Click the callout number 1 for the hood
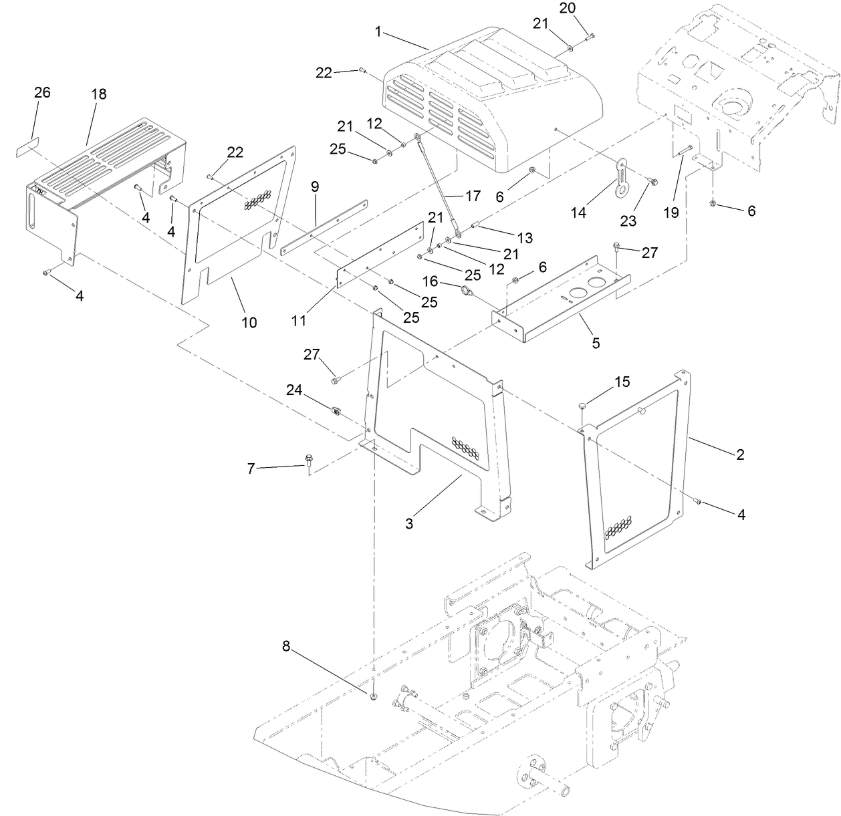[x=378, y=32]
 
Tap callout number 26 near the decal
[x=42, y=92]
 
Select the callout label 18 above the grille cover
[x=98, y=94]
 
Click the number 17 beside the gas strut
[x=473, y=196]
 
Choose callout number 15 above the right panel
[x=622, y=382]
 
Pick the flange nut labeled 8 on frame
[x=373, y=696]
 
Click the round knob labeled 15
[x=584, y=404]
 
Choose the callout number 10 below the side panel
[x=249, y=322]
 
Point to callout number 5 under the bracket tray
[x=595, y=343]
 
